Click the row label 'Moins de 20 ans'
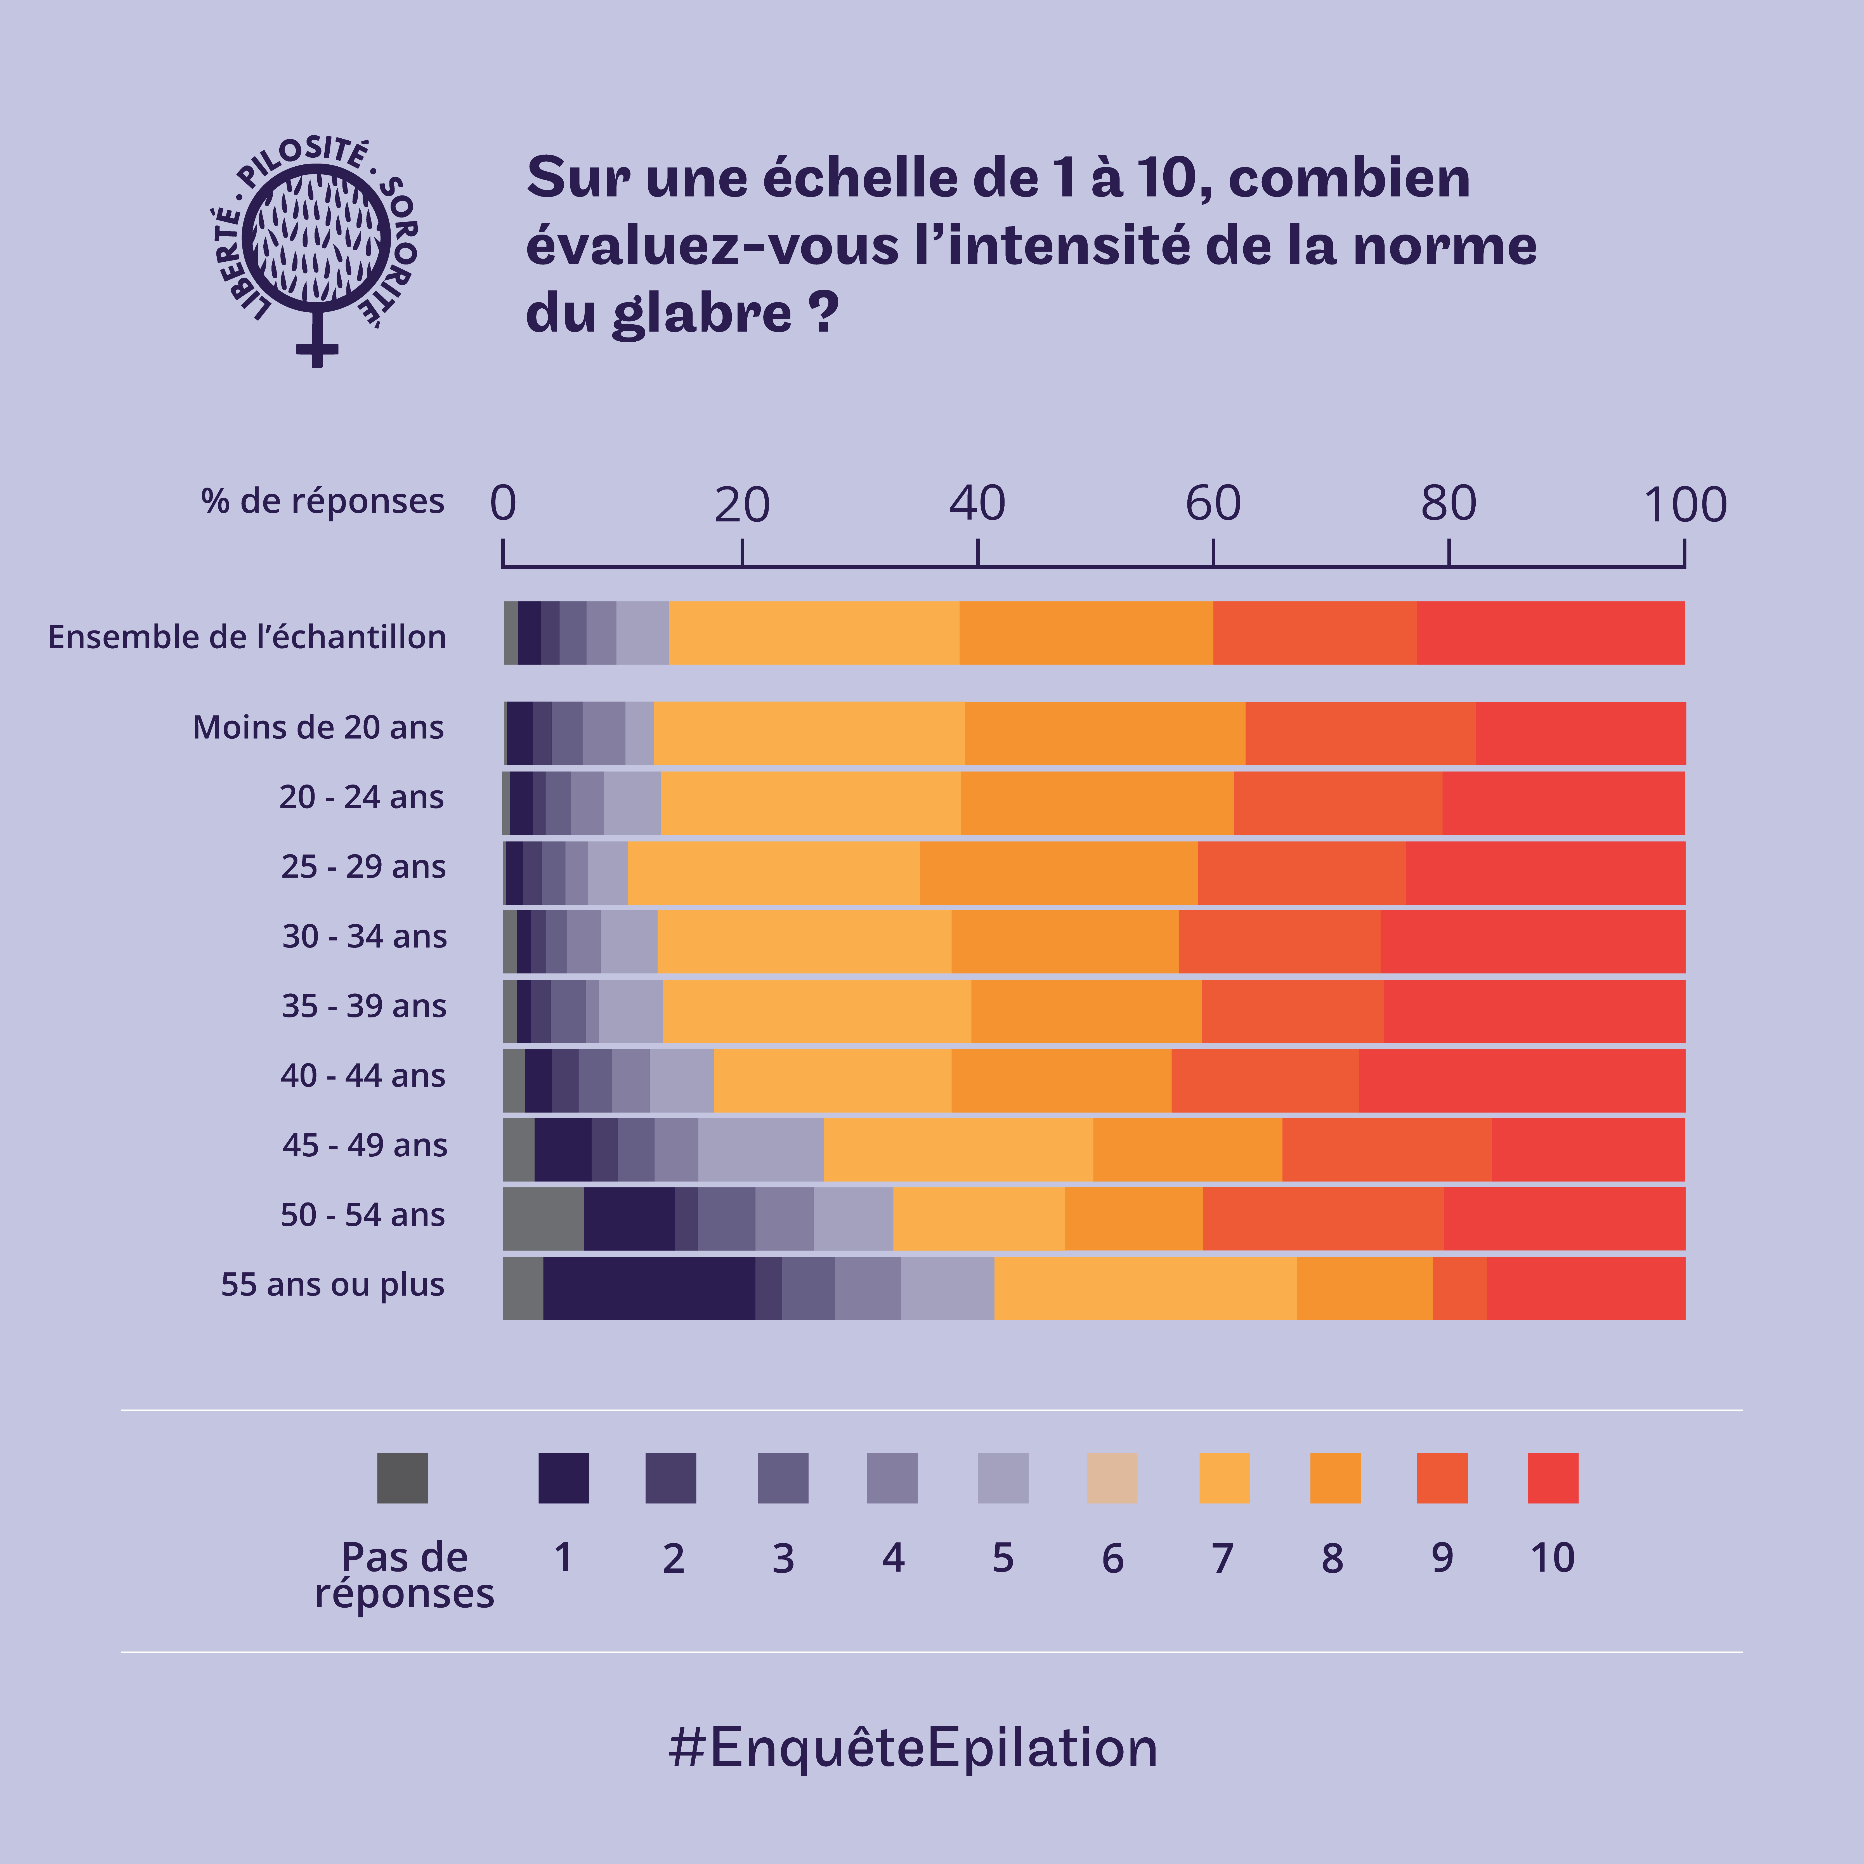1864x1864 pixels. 318,727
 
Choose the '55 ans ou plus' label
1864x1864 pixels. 333,1284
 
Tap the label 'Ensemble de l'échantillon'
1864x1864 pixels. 247,637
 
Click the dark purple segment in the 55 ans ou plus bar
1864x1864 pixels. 648,1288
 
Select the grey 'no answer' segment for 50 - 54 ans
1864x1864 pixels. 542,1218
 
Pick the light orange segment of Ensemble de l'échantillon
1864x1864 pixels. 813,633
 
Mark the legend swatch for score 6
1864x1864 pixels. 1111,1477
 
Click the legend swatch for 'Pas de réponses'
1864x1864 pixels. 402,1477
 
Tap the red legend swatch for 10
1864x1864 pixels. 1552,1477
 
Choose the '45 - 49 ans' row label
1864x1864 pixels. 364,1145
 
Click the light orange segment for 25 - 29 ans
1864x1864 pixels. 773,872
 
